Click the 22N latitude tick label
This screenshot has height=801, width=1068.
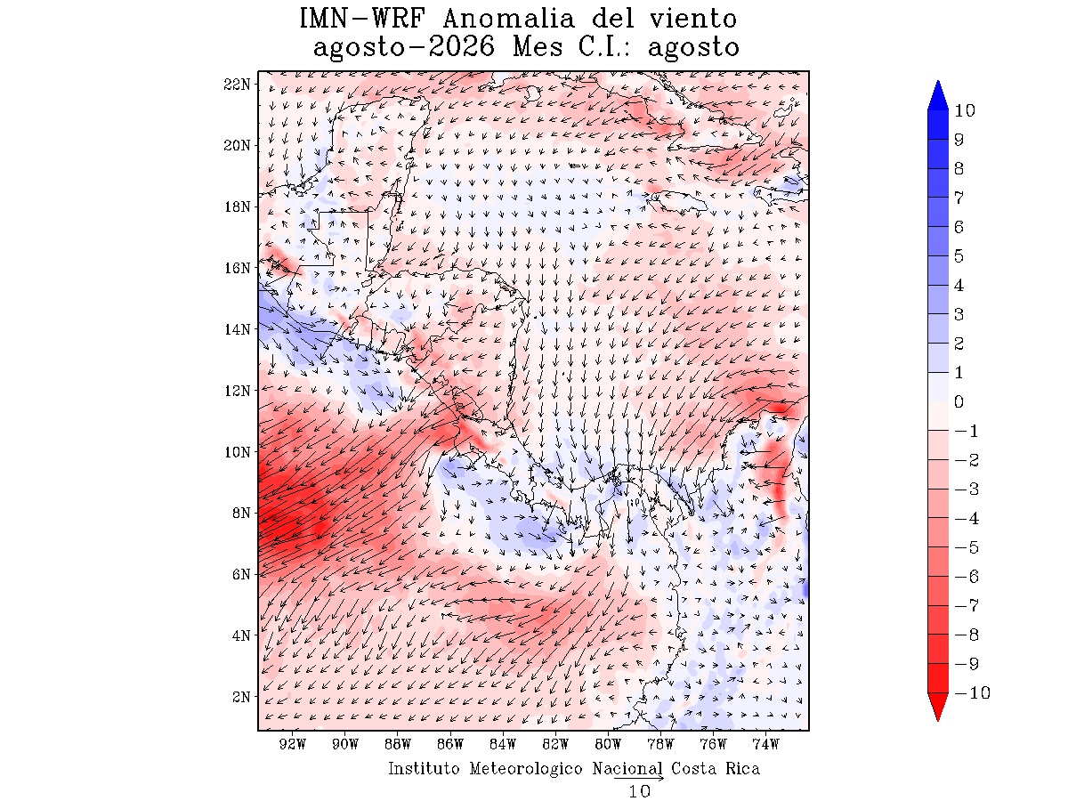tap(237, 85)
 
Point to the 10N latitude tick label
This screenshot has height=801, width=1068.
tap(237, 452)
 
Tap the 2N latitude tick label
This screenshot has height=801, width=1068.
tap(241, 697)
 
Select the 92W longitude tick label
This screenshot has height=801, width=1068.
tap(293, 744)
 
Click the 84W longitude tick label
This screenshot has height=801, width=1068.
tap(503, 744)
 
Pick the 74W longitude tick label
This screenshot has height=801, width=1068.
tap(765, 744)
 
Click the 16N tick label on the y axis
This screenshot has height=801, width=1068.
tap(237, 268)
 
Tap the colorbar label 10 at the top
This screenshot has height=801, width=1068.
tap(965, 110)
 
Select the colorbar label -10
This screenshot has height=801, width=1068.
tap(972, 692)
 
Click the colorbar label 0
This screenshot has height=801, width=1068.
tap(959, 401)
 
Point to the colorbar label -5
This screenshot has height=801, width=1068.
tap(967, 547)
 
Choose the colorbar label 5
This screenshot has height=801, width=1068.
tap(959, 255)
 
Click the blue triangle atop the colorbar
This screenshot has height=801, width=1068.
tap(937, 95)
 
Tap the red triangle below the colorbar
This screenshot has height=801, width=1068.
tap(937, 707)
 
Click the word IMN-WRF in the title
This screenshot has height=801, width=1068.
tap(362, 19)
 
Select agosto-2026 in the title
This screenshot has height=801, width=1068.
tap(404, 48)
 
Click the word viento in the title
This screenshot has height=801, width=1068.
tap(693, 19)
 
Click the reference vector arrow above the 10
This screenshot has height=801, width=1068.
tap(639, 778)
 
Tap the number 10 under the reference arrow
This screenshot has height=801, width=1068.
tap(639, 792)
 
